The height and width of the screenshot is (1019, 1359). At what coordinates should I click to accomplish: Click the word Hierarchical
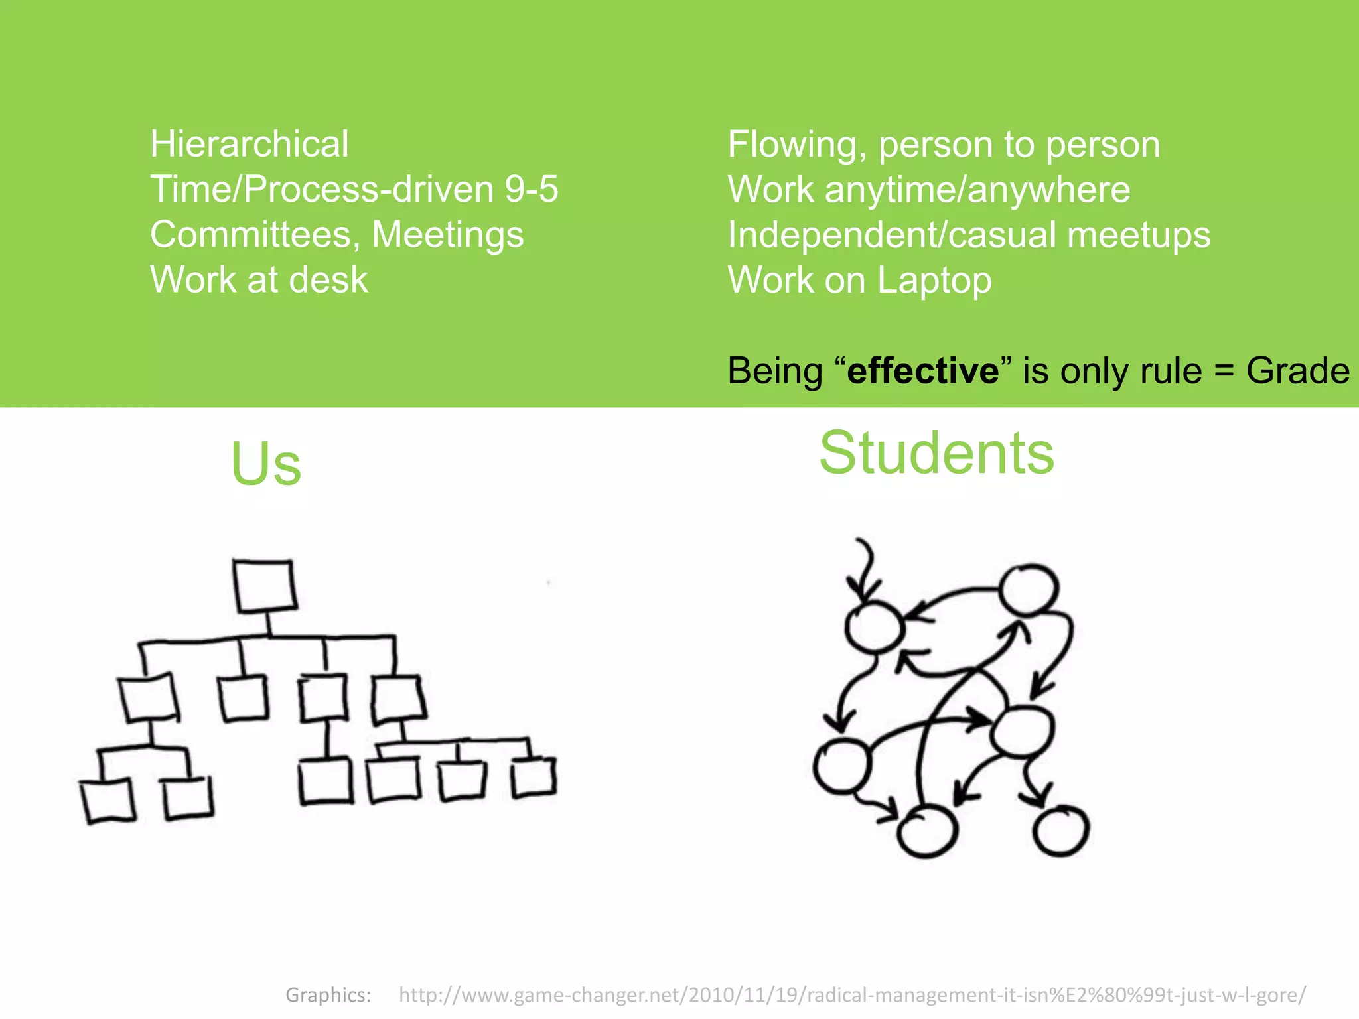tap(249, 144)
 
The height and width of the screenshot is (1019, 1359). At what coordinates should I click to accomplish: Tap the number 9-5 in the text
tap(531, 189)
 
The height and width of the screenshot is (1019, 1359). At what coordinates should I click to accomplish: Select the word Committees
tap(255, 235)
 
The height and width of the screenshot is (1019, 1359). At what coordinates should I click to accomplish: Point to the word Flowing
tap(796, 145)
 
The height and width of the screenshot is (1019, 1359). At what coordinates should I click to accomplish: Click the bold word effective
tap(922, 370)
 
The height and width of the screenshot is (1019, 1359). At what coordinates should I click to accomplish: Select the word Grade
tap(1297, 370)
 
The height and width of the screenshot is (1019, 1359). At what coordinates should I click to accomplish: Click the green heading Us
tap(265, 464)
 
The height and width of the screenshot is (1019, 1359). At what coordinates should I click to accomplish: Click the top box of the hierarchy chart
tap(264, 585)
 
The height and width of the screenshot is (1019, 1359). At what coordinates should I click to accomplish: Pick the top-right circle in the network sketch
tap(1029, 589)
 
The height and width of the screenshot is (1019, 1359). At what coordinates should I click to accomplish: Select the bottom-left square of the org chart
tap(107, 801)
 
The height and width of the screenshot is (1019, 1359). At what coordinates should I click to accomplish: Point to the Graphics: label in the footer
tap(328, 995)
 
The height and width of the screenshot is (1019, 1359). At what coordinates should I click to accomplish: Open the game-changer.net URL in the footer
tap(852, 995)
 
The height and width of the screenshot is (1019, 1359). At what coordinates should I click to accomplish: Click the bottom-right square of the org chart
tap(534, 776)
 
